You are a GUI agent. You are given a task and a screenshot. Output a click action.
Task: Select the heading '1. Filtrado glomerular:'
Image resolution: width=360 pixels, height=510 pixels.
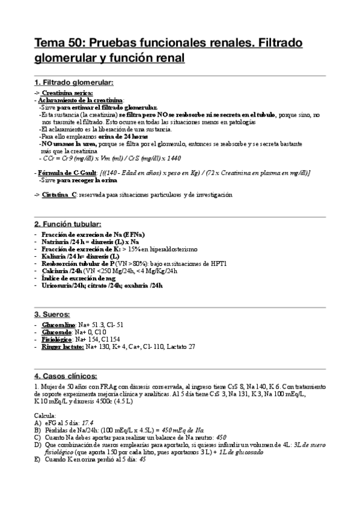point(73,82)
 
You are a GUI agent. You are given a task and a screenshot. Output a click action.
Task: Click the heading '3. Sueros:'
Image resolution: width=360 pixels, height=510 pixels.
point(52,314)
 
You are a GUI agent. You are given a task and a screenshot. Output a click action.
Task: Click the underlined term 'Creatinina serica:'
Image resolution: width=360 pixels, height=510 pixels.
point(67,93)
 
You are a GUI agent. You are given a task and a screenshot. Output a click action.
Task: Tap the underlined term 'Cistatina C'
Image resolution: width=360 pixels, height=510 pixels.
point(59,195)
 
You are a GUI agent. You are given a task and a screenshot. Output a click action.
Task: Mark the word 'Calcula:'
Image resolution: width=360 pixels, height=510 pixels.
point(46,415)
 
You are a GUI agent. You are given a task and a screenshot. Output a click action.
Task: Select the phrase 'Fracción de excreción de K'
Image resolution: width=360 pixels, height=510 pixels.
point(81,248)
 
